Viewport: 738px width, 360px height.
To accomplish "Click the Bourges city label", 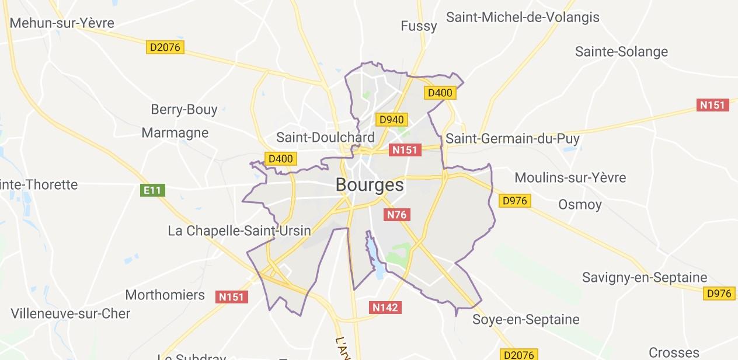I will (369, 185).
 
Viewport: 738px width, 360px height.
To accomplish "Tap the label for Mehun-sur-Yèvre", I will (62, 23).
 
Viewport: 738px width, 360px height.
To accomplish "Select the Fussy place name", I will (419, 26).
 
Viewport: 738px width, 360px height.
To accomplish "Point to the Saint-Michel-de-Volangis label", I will (523, 17).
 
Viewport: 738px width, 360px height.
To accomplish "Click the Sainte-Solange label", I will (621, 51).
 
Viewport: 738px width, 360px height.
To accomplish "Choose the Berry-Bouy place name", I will (184, 109).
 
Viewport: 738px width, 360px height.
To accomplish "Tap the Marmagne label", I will (175, 132).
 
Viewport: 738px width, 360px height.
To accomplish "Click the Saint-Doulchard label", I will (325, 138).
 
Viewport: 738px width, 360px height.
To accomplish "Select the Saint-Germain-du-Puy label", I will (512, 139).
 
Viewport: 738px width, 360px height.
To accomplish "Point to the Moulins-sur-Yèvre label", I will (570, 177).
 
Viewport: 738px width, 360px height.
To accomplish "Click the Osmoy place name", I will (580, 204).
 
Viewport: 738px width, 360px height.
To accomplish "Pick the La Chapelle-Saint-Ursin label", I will (239, 230).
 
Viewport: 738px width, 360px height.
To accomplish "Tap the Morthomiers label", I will (165, 295).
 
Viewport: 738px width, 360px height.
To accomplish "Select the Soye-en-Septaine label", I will (525, 319).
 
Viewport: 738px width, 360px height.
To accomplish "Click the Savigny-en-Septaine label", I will (645, 277).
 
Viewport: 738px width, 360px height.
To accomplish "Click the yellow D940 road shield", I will (391, 120).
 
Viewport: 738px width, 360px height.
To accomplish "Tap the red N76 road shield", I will (396, 215).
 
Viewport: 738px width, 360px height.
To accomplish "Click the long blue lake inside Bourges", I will (374, 254).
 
